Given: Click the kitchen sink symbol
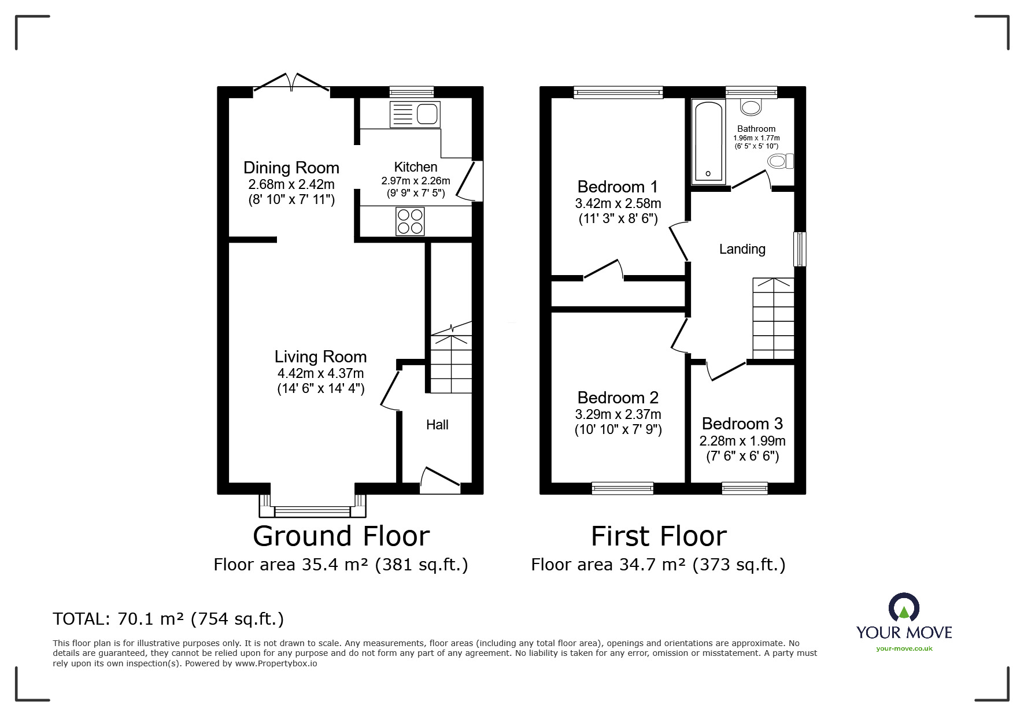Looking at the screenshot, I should coord(415,114).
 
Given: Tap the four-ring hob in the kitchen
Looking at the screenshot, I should coord(410,221).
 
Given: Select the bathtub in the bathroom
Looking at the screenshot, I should coord(708,142).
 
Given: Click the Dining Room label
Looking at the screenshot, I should coord(291,168).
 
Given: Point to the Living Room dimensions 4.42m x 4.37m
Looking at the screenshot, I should coord(320,373).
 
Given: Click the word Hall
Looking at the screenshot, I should coord(437,425).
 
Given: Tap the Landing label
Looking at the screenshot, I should coord(742,249).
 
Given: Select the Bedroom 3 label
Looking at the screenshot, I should coord(742,424).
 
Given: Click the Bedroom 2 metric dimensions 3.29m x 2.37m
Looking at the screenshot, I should coord(618,414).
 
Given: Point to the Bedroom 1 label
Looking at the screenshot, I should coord(618,187).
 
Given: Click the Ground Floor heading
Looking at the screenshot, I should coord(341,536).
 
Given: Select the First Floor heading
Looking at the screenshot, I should coord(658,536).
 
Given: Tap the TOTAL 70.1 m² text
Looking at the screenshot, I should coord(168,619).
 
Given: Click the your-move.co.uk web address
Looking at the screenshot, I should coord(904,648).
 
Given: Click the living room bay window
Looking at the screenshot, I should coord(312,510).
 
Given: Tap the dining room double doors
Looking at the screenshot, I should coord(291,84).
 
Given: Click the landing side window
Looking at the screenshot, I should coord(800,249).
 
